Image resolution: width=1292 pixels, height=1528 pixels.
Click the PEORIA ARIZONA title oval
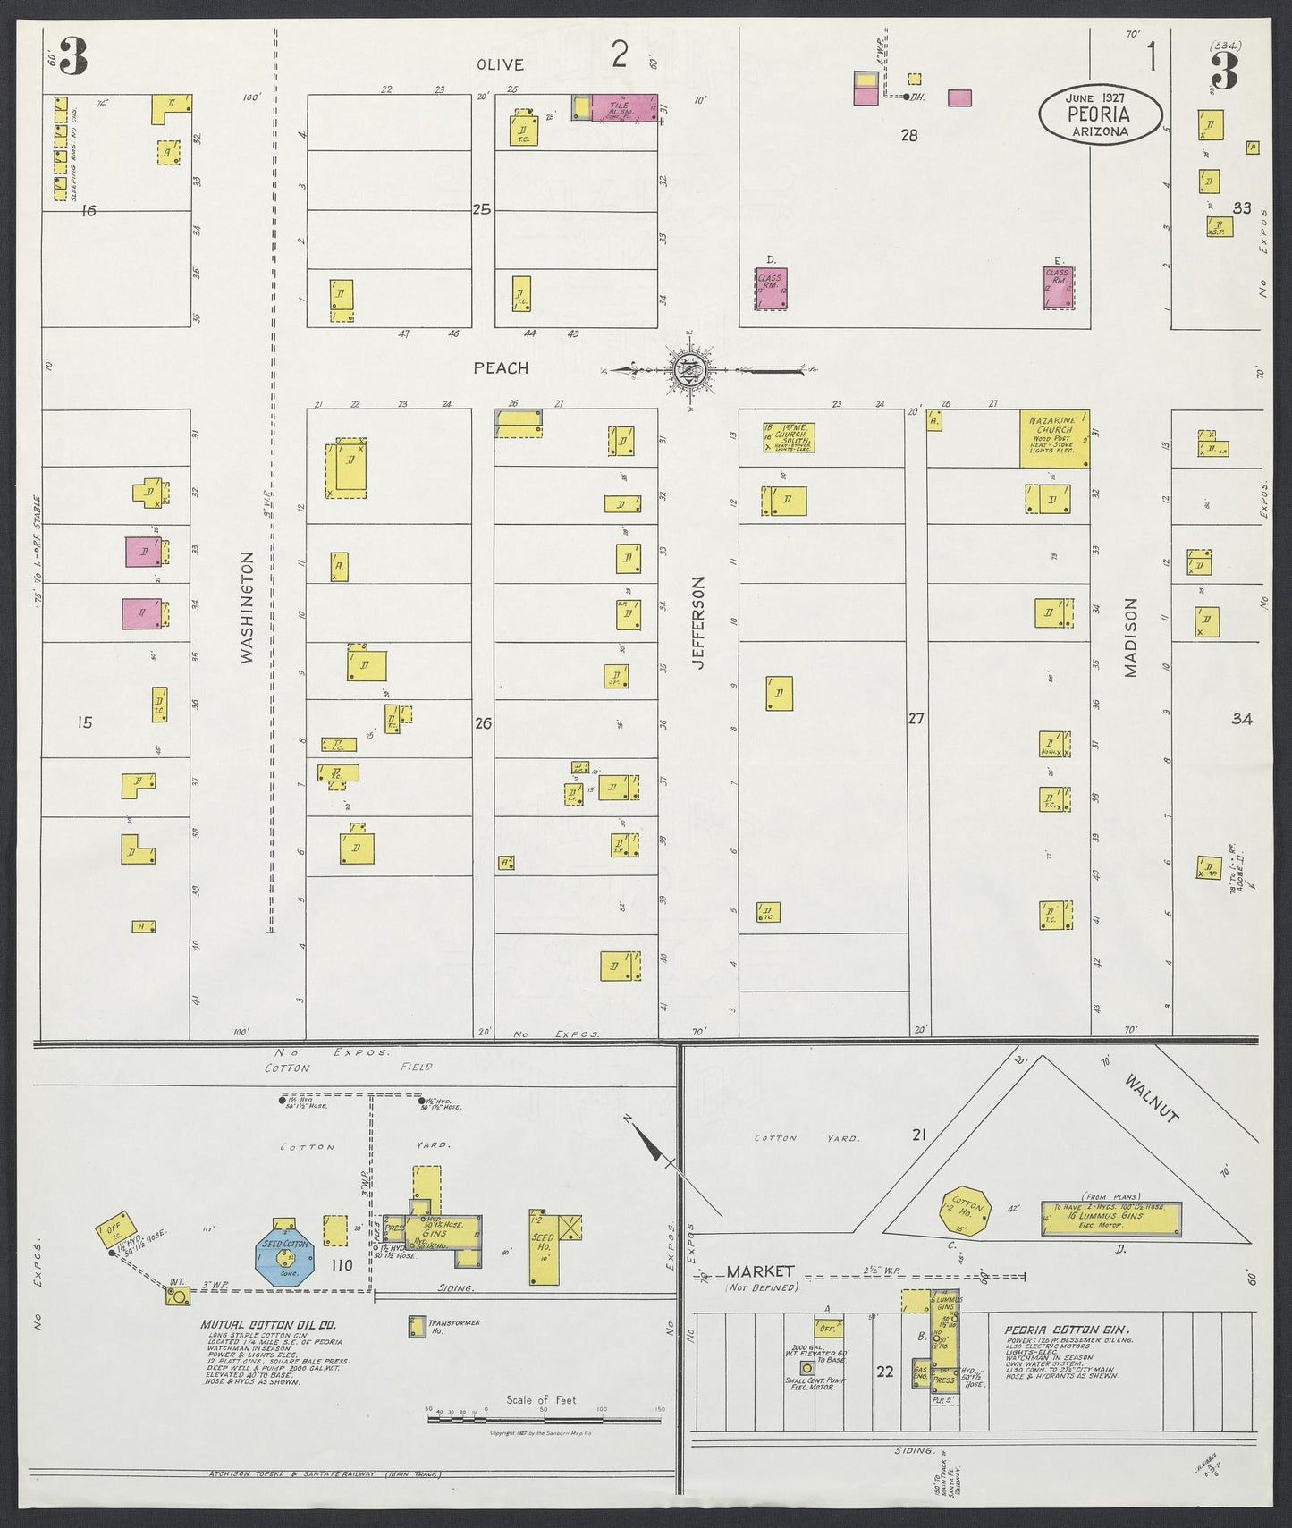point(1101,114)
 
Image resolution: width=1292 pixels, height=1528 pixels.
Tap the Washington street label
point(248,607)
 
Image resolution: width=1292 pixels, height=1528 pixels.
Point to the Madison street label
point(1130,637)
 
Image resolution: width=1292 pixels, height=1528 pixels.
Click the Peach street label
point(501,367)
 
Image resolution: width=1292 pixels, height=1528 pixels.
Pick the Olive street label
point(500,64)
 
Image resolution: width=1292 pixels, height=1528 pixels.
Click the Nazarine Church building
point(1054,438)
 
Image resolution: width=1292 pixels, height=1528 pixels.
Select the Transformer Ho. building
point(417,1327)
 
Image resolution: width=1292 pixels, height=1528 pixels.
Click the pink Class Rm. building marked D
point(770,289)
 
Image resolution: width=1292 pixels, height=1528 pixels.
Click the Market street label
point(760,1271)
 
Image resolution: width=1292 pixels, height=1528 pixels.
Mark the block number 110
point(342,1264)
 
